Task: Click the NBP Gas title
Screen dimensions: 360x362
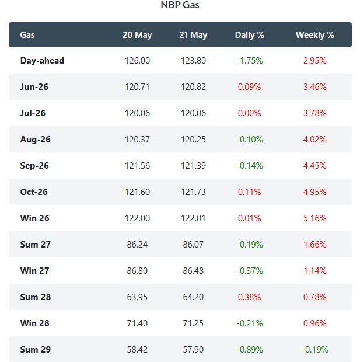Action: [180, 5]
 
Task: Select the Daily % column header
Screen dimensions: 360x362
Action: [250, 35]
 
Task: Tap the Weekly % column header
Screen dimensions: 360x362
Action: [315, 35]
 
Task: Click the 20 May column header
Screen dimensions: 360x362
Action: [137, 35]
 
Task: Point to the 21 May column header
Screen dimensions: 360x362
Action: [193, 35]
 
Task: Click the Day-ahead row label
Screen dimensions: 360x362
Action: [42, 61]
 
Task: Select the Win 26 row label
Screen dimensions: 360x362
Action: [34, 218]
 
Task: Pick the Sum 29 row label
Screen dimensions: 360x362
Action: [36, 350]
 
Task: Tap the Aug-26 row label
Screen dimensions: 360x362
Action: [36, 140]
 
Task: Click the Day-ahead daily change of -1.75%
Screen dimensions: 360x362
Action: [250, 61]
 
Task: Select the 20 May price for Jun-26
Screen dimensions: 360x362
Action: [137, 87]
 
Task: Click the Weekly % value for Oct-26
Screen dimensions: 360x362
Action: [314, 192]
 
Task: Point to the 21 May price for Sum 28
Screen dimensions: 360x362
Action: [193, 297]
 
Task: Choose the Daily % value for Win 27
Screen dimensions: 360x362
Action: [250, 271]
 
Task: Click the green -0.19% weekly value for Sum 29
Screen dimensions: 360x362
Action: [315, 350]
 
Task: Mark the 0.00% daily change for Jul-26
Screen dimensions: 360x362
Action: [250, 113]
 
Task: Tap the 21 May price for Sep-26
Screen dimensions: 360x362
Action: [193, 166]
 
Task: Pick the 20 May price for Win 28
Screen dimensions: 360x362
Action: [137, 323]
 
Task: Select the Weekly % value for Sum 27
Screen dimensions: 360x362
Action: [314, 245]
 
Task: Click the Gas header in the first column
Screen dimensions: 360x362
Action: [27, 35]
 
